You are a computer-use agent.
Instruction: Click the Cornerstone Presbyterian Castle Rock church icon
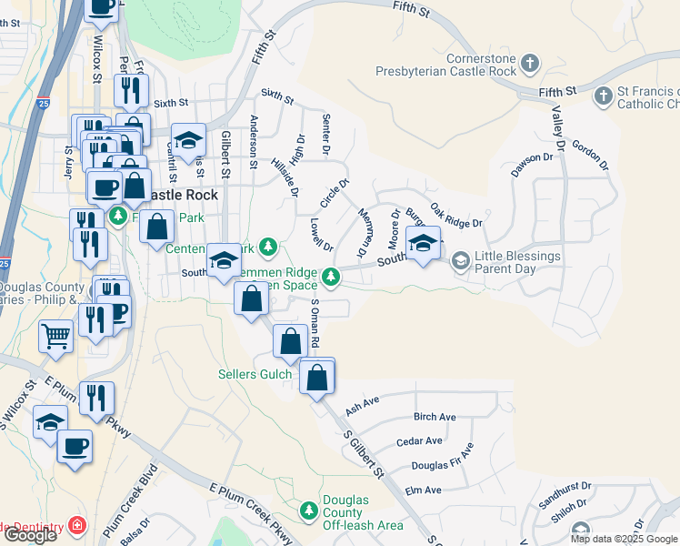click(x=529, y=65)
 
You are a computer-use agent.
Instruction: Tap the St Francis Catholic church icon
click(x=602, y=96)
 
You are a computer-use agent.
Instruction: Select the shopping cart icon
click(x=55, y=336)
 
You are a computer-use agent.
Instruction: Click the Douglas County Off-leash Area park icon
click(x=309, y=508)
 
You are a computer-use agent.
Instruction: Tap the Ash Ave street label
click(x=361, y=401)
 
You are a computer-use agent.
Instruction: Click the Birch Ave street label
click(x=434, y=417)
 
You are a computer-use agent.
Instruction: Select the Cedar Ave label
click(x=419, y=441)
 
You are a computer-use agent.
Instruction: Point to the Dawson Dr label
click(x=532, y=164)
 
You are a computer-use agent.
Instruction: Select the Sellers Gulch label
click(x=255, y=374)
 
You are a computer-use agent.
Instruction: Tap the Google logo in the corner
click(x=29, y=535)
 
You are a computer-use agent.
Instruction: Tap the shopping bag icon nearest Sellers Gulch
click(x=289, y=342)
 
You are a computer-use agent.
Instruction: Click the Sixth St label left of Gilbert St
click(x=169, y=104)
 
